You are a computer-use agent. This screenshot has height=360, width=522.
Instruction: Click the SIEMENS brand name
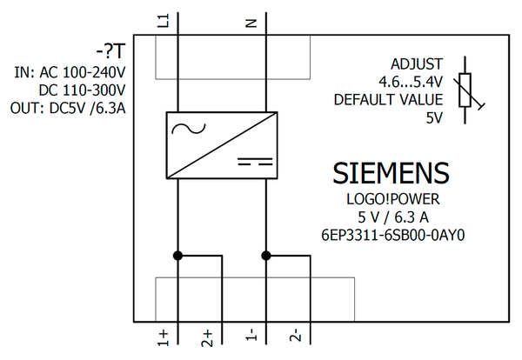pyautogui.click(x=391, y=173)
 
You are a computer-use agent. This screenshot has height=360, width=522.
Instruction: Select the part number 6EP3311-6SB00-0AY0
pyautogui.click(x=394, y=233)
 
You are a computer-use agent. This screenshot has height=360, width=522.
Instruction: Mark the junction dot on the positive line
pyautogui.click(x=177, y=256)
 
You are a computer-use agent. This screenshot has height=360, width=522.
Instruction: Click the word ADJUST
pyautogui.click(x=417, y=64)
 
